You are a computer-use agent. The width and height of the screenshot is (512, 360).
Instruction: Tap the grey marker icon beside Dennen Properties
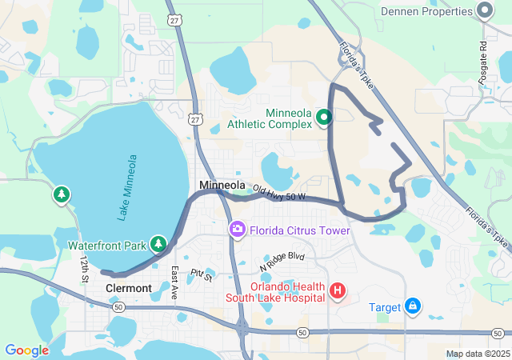pos(484,11)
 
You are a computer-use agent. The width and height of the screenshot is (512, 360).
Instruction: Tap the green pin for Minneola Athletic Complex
pos(324,118)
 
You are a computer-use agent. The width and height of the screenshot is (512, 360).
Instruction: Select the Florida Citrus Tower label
pos(300,230)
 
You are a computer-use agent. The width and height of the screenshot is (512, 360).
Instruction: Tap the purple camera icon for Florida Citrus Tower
pos(237,230)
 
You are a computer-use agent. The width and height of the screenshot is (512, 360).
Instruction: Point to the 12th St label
pos(82,270)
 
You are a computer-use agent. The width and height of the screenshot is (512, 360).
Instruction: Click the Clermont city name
pos(128,288)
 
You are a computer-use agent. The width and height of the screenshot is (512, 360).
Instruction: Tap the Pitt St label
pos(202,276)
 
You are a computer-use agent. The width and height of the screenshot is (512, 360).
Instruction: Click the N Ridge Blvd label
pos(282,261)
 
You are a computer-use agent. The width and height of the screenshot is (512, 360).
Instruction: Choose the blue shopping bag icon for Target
pos(413,306)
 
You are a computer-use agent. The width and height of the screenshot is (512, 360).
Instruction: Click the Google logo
pos(26,350)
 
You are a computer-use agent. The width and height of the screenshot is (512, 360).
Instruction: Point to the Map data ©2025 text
pos(477,354)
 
